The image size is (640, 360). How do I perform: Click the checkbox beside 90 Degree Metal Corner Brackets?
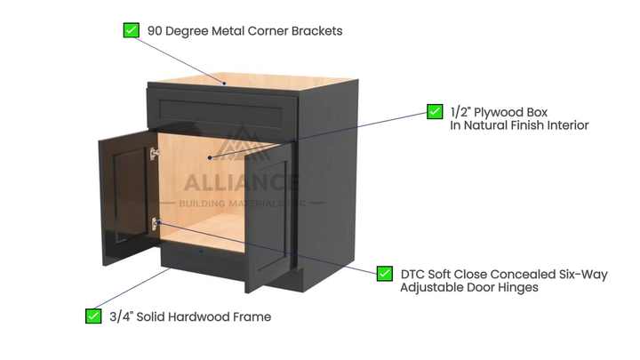[x=131, y=30]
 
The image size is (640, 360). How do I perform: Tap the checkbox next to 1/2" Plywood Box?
[x=435, y=111]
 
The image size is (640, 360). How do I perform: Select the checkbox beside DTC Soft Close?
[x=385, y=274]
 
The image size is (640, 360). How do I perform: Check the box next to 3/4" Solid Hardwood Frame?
[x=93, y=316]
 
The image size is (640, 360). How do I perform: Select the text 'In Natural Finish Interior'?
[x=519, y=125]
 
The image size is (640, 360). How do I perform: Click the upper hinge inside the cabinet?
[x=155, y=155]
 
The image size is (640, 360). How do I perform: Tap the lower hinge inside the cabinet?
[x=155, y=224]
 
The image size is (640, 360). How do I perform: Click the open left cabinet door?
[x=124, y=187]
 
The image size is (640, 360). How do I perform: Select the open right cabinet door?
[x=269, y=213]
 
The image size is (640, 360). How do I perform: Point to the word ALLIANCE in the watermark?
[x=241, y=182]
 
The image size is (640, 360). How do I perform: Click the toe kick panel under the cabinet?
[x=204, y=258]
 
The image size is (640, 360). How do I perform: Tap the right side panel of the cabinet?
[x=329, y=178]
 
